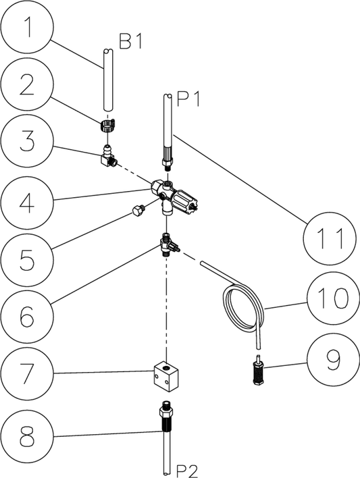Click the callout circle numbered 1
click(27, 27)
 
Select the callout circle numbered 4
click(27, 203)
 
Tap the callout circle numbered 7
click(27, 373)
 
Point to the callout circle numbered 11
click(330, 238)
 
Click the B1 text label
click(130, 41)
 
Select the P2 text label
click(187, 472)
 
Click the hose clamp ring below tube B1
click(108, 125)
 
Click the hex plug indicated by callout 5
click(138, 211)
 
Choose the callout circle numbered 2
click(27, 85)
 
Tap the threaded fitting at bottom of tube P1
click(168, 160)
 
